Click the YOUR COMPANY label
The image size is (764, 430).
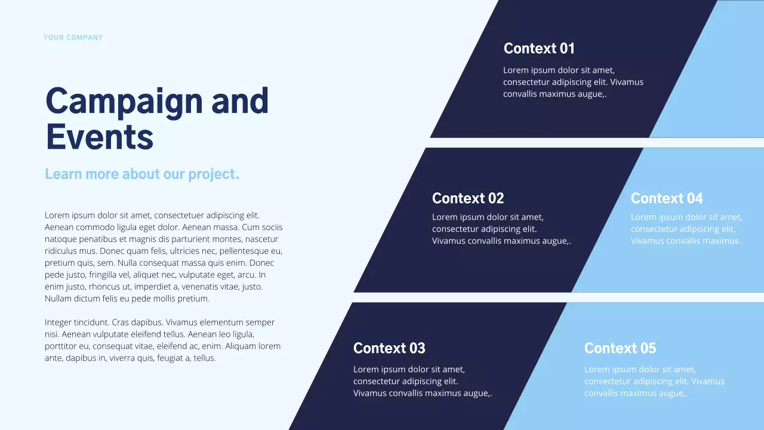pos(73,38)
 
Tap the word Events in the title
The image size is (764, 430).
pos(99,137)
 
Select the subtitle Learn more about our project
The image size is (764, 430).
pos(142,174)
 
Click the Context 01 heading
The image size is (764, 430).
pos(539,48)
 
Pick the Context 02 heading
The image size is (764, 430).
pos(468,198)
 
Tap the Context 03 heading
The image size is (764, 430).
pos(389,348)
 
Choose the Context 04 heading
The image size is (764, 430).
pos(667,198)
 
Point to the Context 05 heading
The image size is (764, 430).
pos(620,348)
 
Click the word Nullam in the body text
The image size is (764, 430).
pos(58,299)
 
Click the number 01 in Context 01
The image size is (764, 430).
pos(566,48)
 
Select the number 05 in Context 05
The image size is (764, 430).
pos(648,348)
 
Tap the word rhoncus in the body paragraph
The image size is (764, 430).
pos(98,287)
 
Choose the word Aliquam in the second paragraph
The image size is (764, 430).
pos(240,346)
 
